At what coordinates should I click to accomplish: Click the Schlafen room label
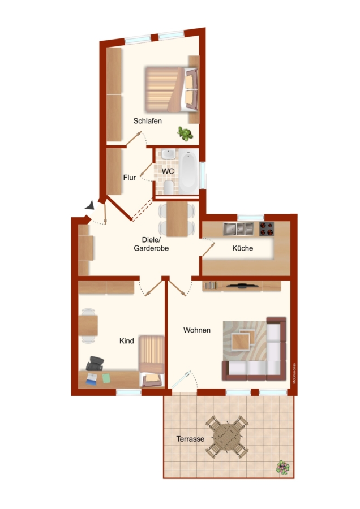pos(148,121)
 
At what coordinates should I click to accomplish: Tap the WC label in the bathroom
pos(168,171)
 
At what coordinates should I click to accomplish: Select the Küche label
pos(242,248)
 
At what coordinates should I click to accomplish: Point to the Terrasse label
pos(190,439)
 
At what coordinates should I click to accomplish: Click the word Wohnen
pos(197,330)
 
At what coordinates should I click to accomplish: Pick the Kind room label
pos(127,341)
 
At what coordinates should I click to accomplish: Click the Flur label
pos(129,178)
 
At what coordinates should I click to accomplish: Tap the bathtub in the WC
pos(188,171)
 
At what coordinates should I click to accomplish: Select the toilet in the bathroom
pos(168,188)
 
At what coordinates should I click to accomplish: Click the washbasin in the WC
pos(168,154)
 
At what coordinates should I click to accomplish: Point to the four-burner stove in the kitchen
pos(267,229)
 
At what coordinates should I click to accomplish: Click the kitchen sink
pos(238,229)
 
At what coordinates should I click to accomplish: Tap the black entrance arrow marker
pos(90,205)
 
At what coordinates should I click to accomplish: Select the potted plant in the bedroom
pos(185,133)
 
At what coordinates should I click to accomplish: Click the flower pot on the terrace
pos(282,468)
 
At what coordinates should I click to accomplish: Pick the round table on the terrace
pos(227,437)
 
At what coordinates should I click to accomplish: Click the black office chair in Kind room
pos(95,363)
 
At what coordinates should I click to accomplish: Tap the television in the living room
pos(242,286)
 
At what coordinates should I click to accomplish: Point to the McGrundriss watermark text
pos(294,373)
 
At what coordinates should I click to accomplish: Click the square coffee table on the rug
pos(241,342)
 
